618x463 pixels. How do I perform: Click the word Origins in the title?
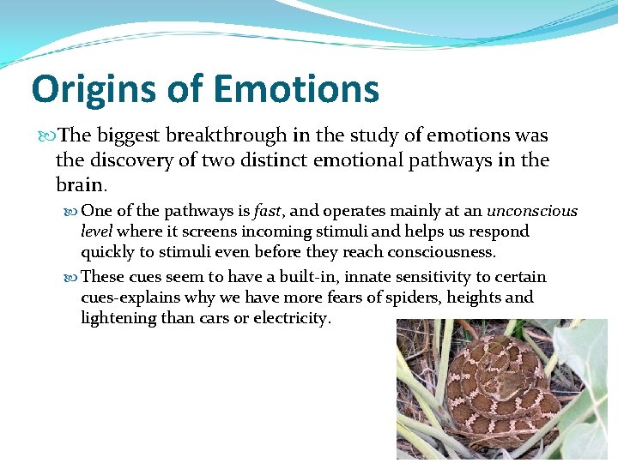84,89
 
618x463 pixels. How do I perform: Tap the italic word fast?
269,211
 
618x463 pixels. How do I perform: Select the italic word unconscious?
532,211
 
